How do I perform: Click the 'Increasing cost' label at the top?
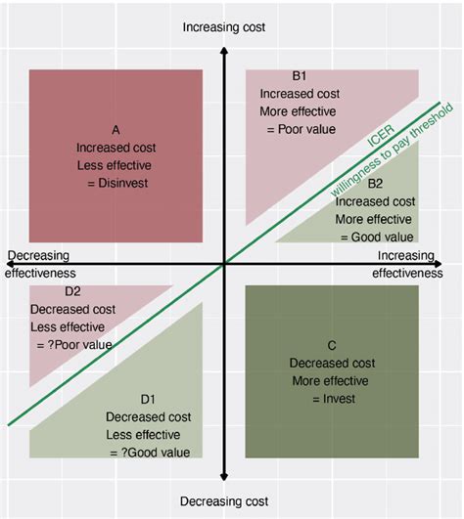point(224,27)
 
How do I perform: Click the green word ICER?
point(380,143)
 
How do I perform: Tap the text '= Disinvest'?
point(116,182)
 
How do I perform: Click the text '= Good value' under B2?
point(377,236)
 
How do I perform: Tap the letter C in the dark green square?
point(332,345)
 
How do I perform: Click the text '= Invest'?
point(332,398)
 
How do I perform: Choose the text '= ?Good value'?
point(145,452)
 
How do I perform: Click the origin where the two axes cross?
point(224,263)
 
